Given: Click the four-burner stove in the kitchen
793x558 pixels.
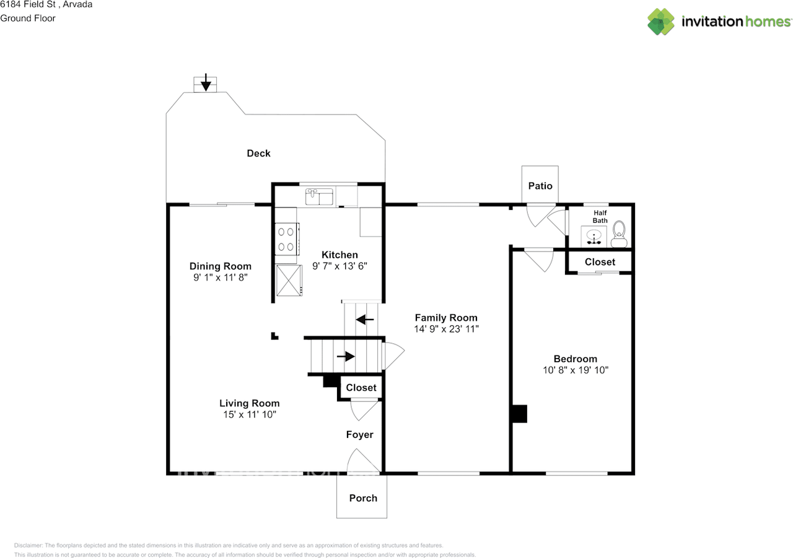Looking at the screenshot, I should point(286,239).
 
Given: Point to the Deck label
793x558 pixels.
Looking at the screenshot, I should point(258,153).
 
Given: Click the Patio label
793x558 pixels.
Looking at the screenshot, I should point(540,186).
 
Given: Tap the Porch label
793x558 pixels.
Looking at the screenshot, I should point(363,498).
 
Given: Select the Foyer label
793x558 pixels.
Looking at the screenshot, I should point(360,435).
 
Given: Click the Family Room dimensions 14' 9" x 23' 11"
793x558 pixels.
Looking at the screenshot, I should point(446,329).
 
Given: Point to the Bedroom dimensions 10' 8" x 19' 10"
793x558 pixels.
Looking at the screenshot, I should point(575,370).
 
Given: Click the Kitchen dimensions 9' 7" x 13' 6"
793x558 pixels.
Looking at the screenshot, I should point(340,266).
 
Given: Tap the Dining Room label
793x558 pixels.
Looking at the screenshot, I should point(221,266).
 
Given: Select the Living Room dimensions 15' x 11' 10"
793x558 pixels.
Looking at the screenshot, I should point(249,414).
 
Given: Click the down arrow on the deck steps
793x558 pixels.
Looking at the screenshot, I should point(206,84).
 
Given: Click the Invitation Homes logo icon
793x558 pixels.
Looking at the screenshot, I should point(661,22).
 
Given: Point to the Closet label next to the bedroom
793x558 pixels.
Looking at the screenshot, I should point(600,262).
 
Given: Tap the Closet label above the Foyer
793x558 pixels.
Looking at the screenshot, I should point(361,388).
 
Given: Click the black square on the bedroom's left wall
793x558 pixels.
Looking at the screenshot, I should point(519,413).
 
